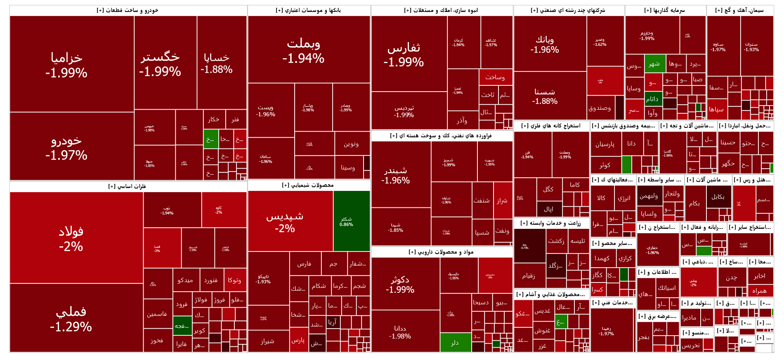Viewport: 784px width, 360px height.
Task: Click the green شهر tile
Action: click(655, 64)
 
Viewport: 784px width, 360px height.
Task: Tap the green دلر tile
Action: click(455, 342)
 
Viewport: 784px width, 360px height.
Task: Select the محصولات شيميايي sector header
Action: click(308, 185)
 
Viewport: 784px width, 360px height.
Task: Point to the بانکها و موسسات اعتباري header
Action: click(309, 10)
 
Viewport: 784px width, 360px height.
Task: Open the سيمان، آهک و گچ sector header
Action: click(739, 10)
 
